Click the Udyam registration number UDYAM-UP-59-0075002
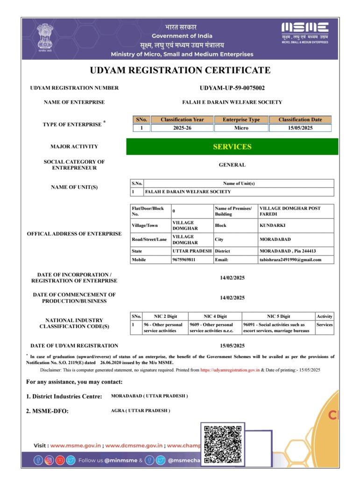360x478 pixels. [232, 88]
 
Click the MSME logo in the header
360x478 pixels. [305, 33]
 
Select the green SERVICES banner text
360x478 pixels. [232, 147]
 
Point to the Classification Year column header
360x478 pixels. [182, 119]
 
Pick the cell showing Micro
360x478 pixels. [241, 128]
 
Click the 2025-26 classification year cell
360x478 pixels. [182, 128]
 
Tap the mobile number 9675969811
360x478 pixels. [184, 260]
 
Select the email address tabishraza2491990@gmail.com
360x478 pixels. [290, 260]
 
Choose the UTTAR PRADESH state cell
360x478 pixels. [191, 251]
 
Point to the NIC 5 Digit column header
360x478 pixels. [278, 316]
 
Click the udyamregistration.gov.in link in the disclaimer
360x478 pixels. [230, 370]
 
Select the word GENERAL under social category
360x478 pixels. [232, 165]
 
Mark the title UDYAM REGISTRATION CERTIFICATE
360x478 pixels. [180, 70]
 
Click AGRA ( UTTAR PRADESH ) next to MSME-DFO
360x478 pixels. [141, 411]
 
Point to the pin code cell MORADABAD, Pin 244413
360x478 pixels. [284, 251]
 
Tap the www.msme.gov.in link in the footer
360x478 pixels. [76, 446]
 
